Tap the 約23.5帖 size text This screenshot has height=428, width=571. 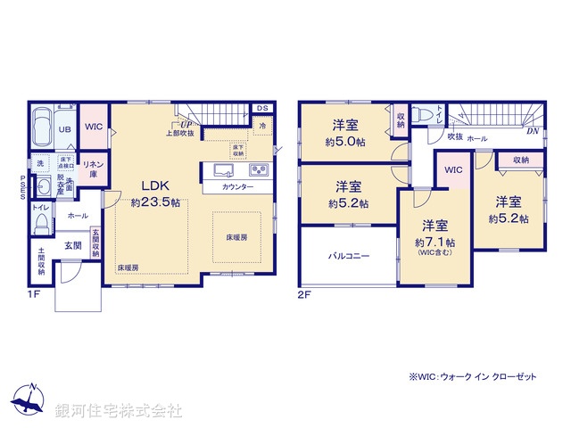pos(155,203)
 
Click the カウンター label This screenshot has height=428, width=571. pos(237,187)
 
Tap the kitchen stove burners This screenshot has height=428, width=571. pos(257,170)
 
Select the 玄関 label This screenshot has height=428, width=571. pos(71,244)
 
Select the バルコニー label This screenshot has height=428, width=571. pos(347,256)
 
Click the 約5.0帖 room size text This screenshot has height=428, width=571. pos(347,141)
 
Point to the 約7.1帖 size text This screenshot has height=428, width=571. pos(434,242)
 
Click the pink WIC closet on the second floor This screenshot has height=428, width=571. pos(452,169)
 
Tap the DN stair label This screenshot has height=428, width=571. pos(533,131)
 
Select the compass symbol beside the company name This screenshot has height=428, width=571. pos(29,399)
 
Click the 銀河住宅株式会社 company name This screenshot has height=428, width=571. pos(118,411)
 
